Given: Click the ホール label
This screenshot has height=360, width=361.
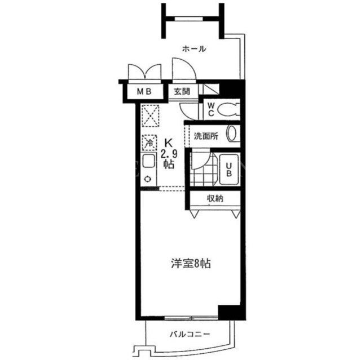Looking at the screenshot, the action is click(194, 49).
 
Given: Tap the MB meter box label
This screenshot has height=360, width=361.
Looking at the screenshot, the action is click(144, 91).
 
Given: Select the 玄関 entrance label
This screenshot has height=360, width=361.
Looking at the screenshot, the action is click(182, 91).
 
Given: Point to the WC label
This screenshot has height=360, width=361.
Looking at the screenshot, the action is click(211, 109).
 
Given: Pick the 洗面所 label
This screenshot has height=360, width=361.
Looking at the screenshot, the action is click(206, 136).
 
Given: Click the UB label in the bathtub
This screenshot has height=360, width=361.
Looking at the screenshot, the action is click(228, 170).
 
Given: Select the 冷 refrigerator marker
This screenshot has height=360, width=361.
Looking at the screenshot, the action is click(149, 143).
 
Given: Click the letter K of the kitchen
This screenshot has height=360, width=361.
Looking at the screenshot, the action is click(168, 144).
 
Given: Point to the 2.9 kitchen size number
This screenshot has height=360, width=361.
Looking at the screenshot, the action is click(169, 154).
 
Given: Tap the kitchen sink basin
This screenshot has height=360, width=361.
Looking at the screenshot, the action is click(149, 161).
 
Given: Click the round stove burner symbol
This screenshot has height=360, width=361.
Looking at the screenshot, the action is click(148, 179).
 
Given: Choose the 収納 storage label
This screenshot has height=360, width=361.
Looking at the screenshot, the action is click(215, 198).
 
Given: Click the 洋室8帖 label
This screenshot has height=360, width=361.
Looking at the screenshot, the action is click(191, 264).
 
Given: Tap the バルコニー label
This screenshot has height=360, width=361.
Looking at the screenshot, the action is click(190, 334).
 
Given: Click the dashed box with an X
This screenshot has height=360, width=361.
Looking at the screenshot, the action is click(151, 115).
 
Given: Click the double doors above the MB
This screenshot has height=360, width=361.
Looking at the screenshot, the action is click(144, 72).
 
